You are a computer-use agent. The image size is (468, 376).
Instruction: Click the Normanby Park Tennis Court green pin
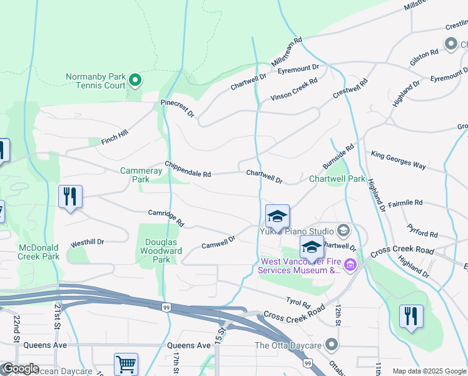[x=135, y=80]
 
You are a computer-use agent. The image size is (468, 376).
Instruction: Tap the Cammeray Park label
[x=135, y=175]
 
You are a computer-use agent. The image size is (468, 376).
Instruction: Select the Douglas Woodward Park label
[x=163, y=251]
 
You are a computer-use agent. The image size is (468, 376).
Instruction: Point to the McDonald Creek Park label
[x=39, y=252]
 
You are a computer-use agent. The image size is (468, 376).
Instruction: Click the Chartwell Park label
[x=337, y=179]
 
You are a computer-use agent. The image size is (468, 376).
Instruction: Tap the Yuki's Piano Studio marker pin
[x=343, y=231]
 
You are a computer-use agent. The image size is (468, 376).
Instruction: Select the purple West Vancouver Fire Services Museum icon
[x=350, y=266]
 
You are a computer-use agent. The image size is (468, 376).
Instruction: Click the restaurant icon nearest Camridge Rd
[x=70, y=197]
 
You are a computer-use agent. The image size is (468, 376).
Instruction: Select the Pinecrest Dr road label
[x=178, y=108]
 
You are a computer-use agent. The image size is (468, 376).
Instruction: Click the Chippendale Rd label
[x=188, y=169]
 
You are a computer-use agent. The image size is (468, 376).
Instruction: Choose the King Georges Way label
[x=399, y=159]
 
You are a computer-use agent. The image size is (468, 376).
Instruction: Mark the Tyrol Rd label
[x=298, y=303]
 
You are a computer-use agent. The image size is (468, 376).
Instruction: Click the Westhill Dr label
[x=87, y=242]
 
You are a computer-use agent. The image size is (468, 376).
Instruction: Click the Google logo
[x=21, y=368]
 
